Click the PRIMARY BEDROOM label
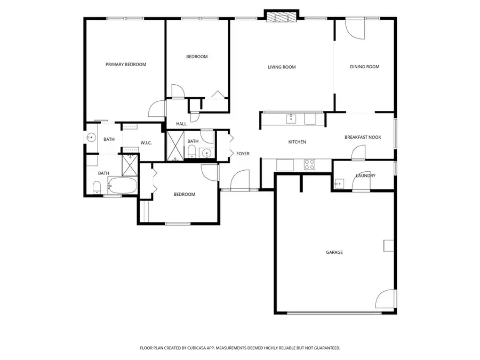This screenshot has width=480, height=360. tap(125, 65)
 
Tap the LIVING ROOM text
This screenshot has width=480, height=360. tap(282, 67)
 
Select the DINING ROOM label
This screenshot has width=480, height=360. tap(364, 67)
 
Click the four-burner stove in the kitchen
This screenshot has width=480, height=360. tap(309, 165)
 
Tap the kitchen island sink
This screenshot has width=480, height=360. tap(291, 118)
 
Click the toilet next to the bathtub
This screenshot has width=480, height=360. tap(97, 187)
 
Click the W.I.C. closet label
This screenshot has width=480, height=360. tap(147, 142)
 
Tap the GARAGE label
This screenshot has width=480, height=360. tap(334, 252)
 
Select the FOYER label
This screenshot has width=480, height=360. tap(243, 154)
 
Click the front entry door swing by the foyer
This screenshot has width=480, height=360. tap(241, 180)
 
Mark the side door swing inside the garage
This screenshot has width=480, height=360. tap(386, 299)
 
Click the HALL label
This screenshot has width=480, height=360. tap(181, 124)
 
